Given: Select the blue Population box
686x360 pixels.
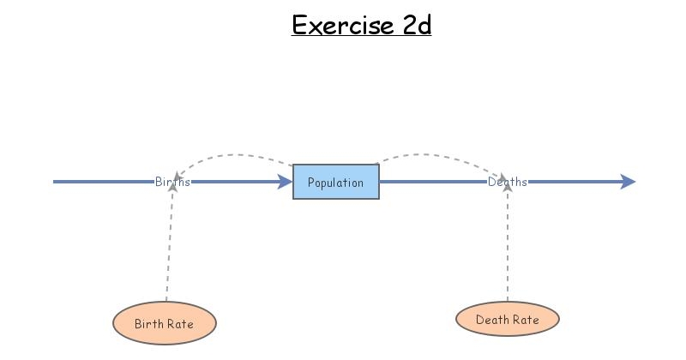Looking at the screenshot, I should (x=336, y=182).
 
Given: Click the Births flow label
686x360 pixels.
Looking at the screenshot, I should (x=172, y=182).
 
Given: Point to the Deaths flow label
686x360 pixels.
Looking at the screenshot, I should (x=508, y=182).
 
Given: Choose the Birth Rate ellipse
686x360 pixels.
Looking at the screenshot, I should (x=165, y=324).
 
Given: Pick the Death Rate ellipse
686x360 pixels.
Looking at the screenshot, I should (x=508, y=320).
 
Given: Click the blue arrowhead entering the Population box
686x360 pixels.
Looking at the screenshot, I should (x=285, y=182).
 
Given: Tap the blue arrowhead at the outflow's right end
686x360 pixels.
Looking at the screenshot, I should (x=628, y=182).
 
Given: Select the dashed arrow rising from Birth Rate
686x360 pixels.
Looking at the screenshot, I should (x=169, y=249).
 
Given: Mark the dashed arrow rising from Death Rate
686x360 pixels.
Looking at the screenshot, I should (x=508, y=249).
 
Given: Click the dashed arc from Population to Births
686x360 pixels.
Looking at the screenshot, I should (x=232, y=155).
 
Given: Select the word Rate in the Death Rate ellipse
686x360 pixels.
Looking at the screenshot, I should (x=525, y=320).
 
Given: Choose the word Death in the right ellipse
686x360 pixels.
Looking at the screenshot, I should (x=491, y=320).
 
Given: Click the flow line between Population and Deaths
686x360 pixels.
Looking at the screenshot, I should (x=433, y=182).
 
